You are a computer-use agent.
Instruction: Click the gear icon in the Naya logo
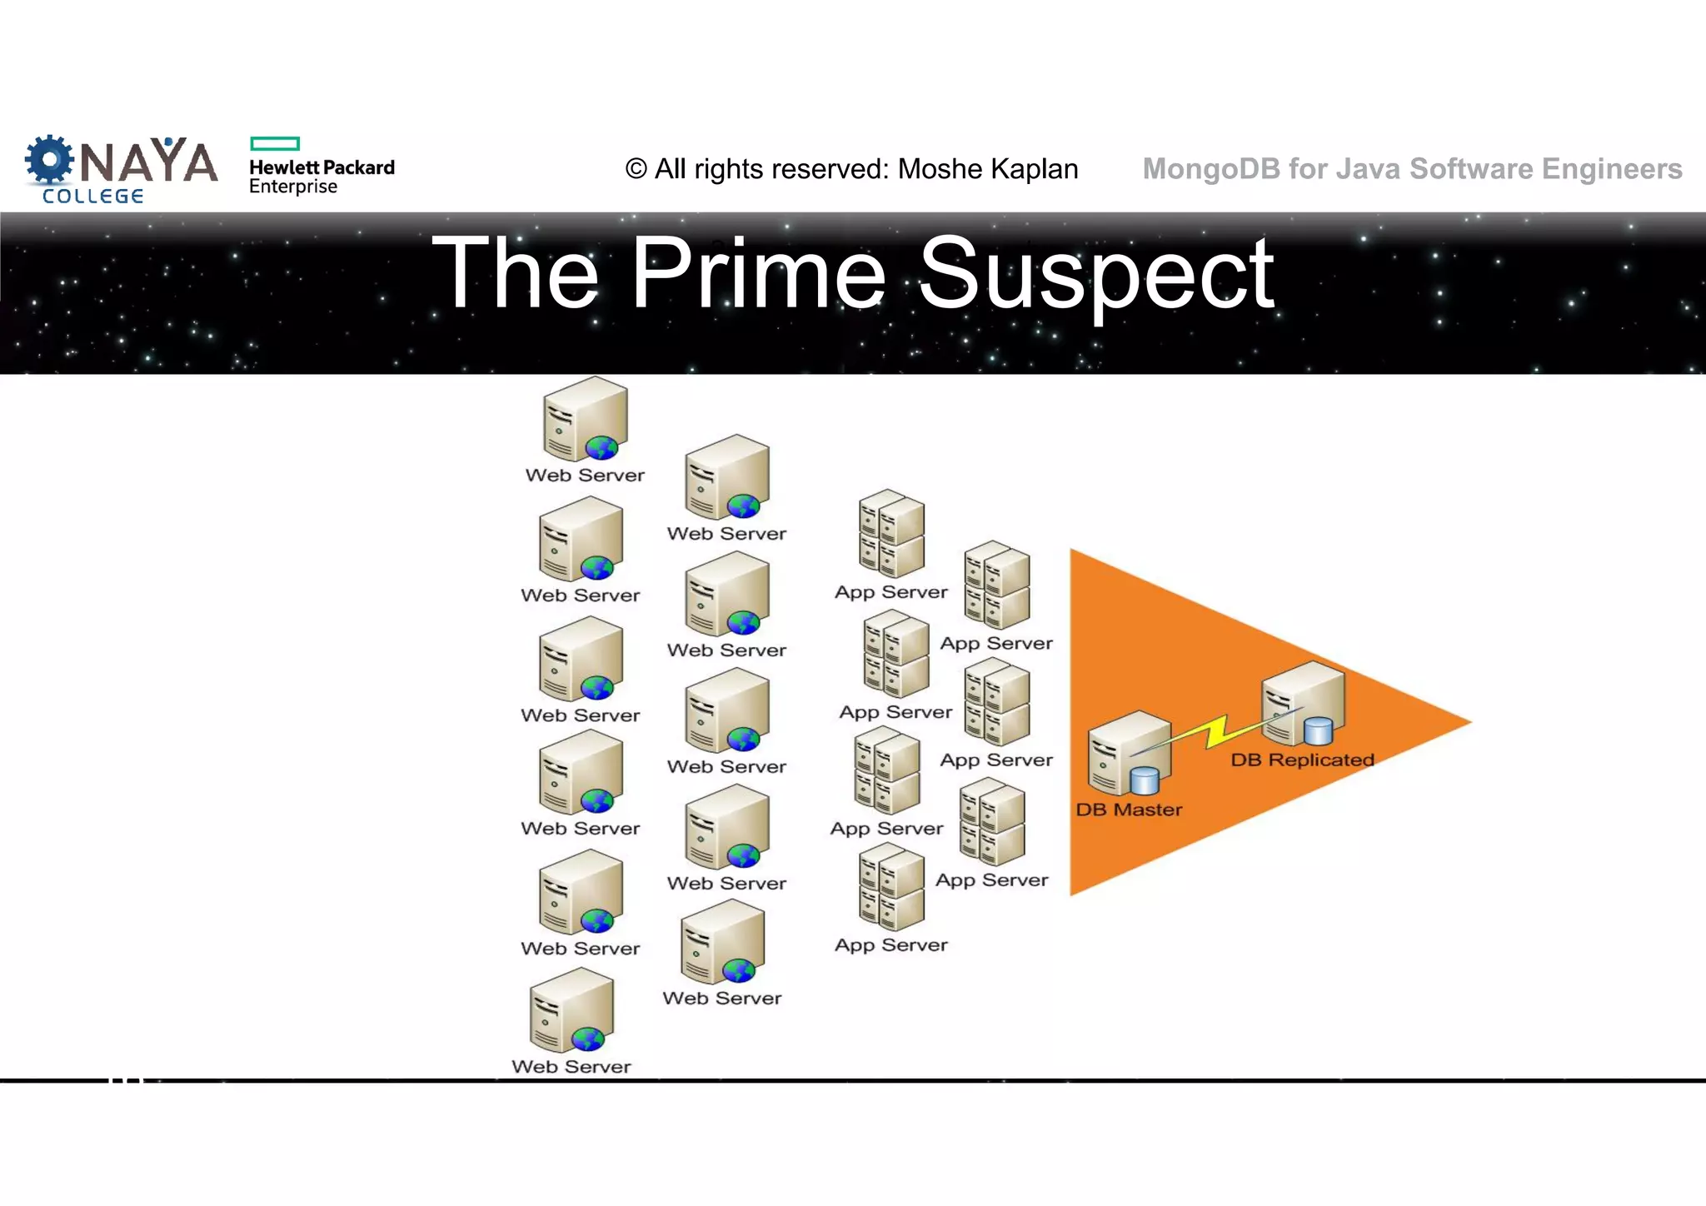pyautogui.click(x=49, y=159)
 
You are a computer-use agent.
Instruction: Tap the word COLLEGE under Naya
pyautogui.click(x=93, y=197)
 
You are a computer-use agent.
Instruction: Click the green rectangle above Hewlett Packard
pyautogui.click(x=275, y=143)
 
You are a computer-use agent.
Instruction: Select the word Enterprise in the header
pyautogui.click(x=293, y=187)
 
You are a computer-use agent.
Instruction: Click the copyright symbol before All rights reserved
pyautogui.click(x=636, y=169)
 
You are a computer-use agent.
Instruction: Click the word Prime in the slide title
pyautogui.click(x=758, y=272)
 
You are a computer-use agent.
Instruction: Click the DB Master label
pyautogui.click(x=1129, y=810)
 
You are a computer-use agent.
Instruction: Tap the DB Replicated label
pyautogui.click(x=1302, y=760)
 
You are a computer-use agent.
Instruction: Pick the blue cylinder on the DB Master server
pyautogui.click(x=1145, y=780)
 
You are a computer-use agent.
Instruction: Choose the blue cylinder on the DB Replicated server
pyautogui.click(x=1318, y=730)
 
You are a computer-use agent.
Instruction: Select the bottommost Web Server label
pyautogui.click(x=571, y=1067)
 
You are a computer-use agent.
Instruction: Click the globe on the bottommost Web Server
pyautogui.click(x=588, y=1039)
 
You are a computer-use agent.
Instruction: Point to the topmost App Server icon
pyautogui.click(x=891, y=534)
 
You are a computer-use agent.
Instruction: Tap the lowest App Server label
pyautogui.click(x=891, y=945)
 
